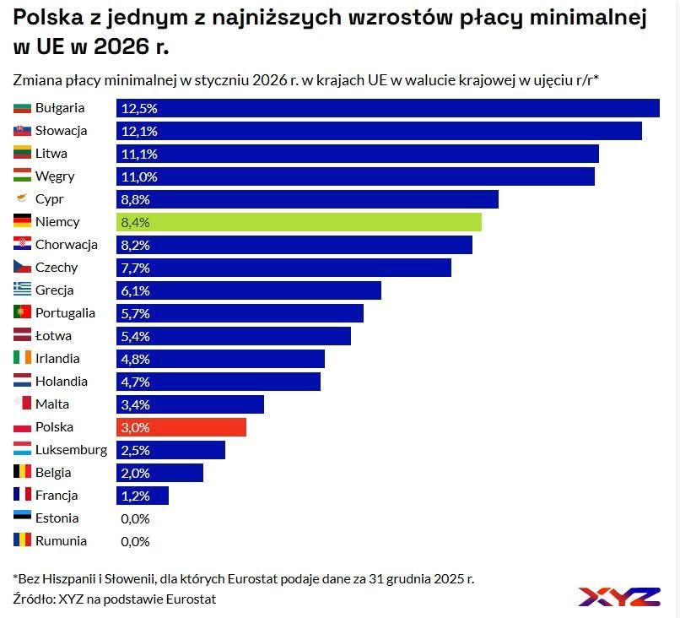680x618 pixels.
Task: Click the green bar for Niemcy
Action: point(299,222)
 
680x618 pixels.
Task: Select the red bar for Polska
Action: point(181,427)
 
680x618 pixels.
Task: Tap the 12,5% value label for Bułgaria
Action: point(139,108)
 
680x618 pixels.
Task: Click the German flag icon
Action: point(23,222)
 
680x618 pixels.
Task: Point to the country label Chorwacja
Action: point(67,245)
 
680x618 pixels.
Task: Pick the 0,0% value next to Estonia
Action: point(135,518)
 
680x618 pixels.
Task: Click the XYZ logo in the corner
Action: point(619,596)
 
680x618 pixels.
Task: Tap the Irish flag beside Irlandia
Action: point(23,359)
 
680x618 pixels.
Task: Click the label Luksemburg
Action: point(71,450)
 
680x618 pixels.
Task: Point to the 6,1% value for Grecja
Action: point(135,290)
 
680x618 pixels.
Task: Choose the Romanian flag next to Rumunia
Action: point(23,541)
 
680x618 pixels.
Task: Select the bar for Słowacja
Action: point(379,131)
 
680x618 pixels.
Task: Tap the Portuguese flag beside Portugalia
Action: point(23,313)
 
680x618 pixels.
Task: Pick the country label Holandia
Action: point(62,382)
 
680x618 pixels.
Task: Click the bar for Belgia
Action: point(159,473)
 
